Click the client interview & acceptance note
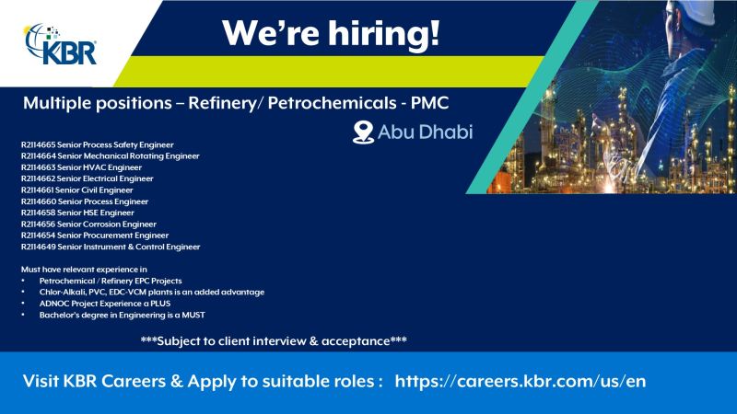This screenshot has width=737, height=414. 274,341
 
